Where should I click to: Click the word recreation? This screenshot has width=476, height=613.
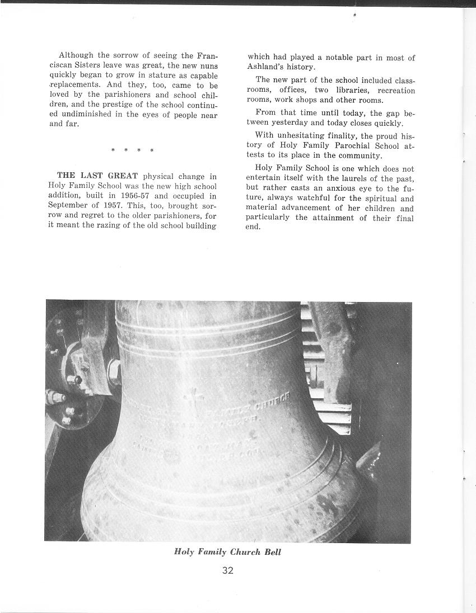(x=396, y=91)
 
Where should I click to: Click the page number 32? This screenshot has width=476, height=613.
(x=227, y=570)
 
